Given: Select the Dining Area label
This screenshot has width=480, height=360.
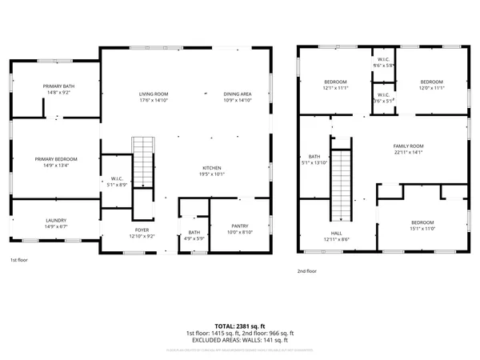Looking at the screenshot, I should pos(238,94).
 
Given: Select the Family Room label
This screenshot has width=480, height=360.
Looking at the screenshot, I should pos(408,146).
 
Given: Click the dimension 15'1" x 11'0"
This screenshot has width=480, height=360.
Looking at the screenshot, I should pos(422,229).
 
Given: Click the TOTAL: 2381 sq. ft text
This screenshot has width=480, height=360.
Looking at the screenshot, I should pos(240,326).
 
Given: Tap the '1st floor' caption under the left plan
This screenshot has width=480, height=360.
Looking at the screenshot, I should pos(19,261).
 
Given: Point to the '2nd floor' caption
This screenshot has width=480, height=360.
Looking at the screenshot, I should pos(307,270).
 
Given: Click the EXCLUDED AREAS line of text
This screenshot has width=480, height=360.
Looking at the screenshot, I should pos(240,339).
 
